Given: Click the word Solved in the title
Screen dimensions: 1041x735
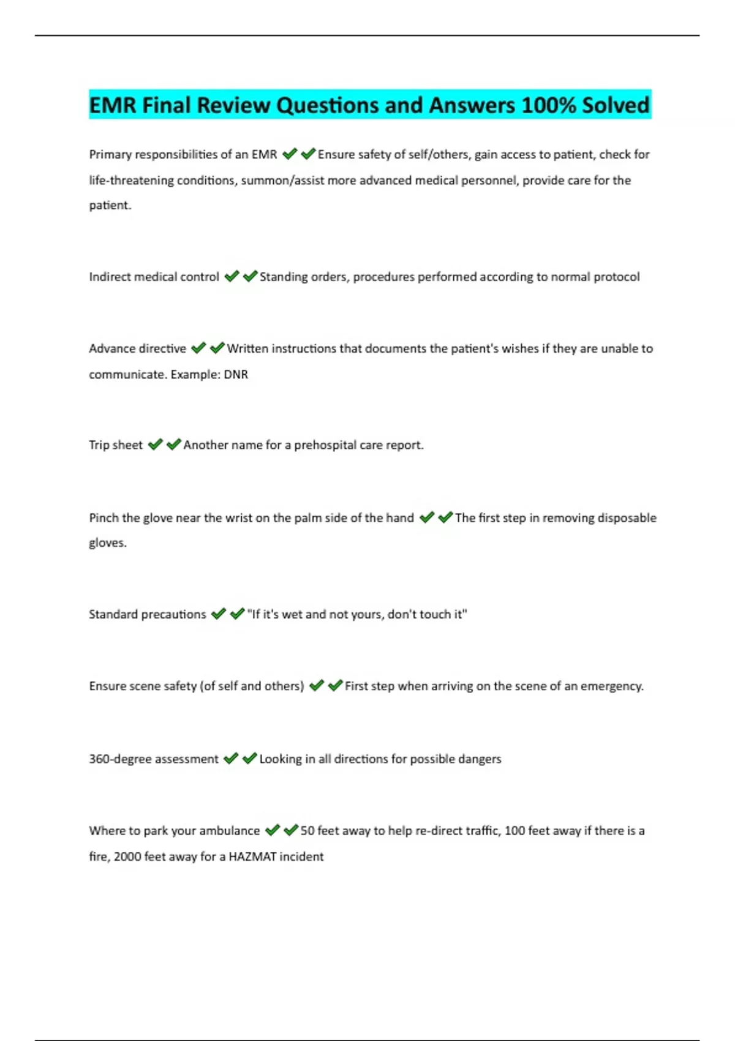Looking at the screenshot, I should coord(615,105).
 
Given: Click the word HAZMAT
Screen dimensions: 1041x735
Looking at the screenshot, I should coord(252,856).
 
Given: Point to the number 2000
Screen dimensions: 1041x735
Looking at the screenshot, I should coord(127,856).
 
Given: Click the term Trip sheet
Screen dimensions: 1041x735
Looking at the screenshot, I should coord(116,445).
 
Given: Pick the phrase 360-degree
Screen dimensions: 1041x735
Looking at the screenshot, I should coord(120,759).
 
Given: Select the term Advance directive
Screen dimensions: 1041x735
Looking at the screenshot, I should coord(137,348).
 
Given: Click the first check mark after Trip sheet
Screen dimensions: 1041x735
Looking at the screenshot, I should coord(156,444).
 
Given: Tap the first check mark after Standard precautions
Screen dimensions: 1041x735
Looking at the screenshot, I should coord(219,614).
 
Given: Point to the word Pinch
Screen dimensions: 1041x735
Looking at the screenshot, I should coord(104,517).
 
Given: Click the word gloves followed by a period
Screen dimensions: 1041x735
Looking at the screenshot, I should coord(108,543).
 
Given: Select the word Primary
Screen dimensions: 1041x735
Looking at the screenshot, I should coord(110,154).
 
